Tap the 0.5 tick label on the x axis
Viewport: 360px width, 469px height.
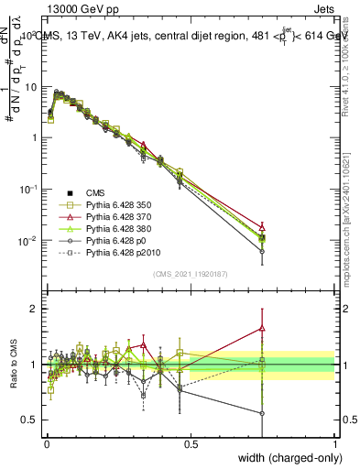191,443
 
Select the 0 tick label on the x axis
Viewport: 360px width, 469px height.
47,443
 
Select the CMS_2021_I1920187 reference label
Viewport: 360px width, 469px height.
191,272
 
